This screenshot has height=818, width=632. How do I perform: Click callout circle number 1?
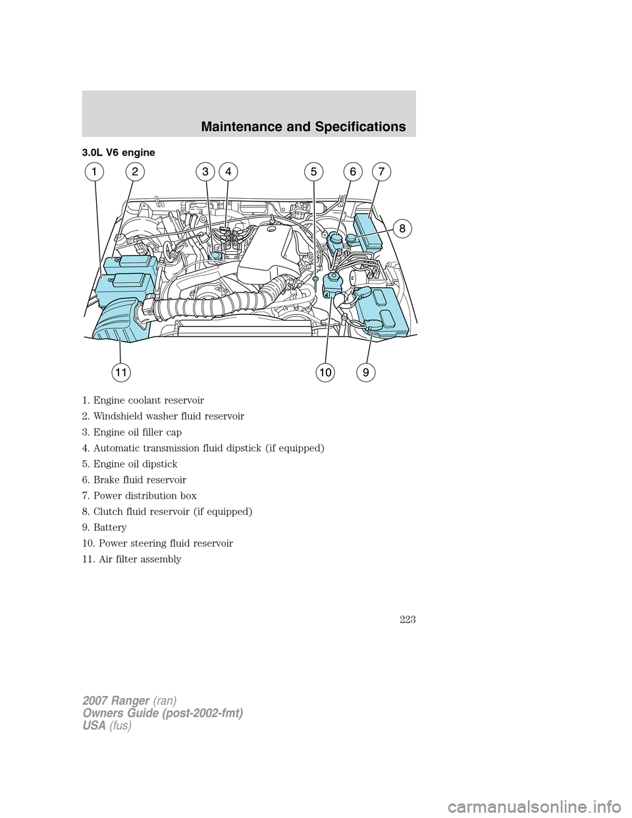[94, 173]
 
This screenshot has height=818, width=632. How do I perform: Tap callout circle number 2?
[134, 173]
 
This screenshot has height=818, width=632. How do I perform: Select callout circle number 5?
[314, 173]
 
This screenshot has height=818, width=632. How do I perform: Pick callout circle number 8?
[400, 228]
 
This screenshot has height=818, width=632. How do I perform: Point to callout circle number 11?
[120, 373]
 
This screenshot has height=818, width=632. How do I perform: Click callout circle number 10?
[325, 373]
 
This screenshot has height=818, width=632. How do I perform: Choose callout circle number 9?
[366, 373]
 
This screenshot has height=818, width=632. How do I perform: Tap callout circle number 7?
[381, 173]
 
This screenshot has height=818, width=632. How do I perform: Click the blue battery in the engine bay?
[382, 310]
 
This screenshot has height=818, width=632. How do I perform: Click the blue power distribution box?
[367, 231]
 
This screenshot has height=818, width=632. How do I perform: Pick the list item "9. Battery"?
[105, 528]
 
